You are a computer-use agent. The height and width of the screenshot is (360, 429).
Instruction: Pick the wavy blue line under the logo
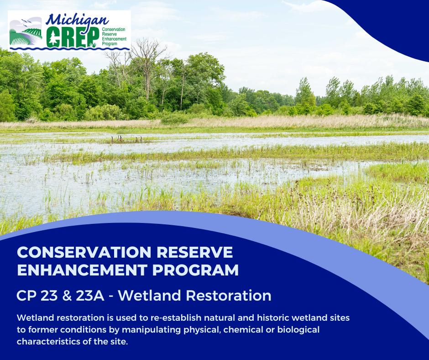tap(68, 48)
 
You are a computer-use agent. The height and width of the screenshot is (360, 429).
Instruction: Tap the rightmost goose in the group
tap(141, 138)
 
